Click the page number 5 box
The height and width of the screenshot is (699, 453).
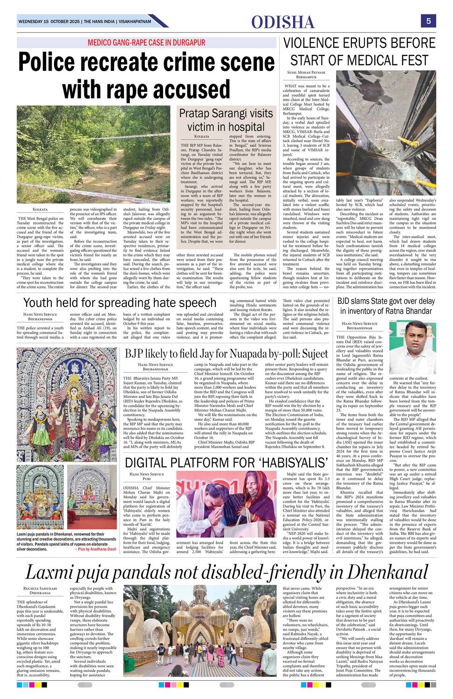pyautogui.click(x=428, y=21)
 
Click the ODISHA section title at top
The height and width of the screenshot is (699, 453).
pyautogui.click(x=283, y=22)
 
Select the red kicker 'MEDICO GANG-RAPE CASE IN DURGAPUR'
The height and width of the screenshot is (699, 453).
pyautogui.click(x=146, y=43)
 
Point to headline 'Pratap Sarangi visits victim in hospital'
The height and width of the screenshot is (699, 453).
pyautogui.click(x=226, y=120)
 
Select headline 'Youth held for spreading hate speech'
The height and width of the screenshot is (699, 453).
pyautogui.click(x=120, y=303)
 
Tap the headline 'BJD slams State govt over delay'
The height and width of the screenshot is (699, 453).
pyautogui.click(x=386, y=302)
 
